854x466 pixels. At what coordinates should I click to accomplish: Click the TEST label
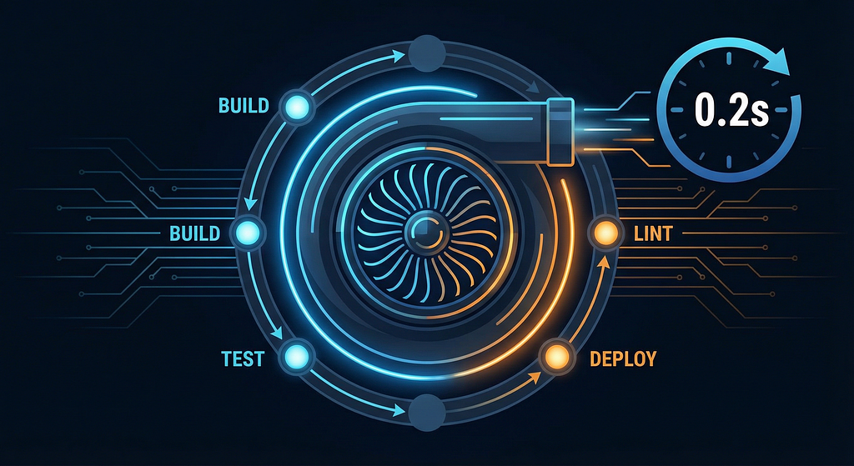[x=243, y=358]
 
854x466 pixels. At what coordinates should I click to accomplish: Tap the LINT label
[x=653, y=234]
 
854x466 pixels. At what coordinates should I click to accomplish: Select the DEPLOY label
[x=623, y=358]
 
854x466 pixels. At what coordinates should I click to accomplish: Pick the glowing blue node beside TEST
[x=297, y=358]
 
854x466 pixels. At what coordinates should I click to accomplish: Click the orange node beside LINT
[x=605, y=234]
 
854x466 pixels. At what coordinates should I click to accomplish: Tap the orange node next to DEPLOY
[x=556, y=357]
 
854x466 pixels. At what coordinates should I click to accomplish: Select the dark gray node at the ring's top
[x=427, y=53]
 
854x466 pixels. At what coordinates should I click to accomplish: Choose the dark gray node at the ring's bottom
[x=427, y=413]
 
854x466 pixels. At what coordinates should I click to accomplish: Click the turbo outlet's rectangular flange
[x=560, y=131]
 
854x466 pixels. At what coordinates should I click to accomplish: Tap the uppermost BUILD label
[x=244, y=105]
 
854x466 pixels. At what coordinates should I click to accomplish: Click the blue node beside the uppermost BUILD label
[x=298, y=106]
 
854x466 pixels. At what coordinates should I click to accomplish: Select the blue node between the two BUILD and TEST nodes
[x=248, y=233]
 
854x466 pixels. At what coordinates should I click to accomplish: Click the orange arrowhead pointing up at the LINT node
[x=603, y=263]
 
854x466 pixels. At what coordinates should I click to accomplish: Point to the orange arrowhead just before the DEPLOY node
[x=535, y=377]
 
